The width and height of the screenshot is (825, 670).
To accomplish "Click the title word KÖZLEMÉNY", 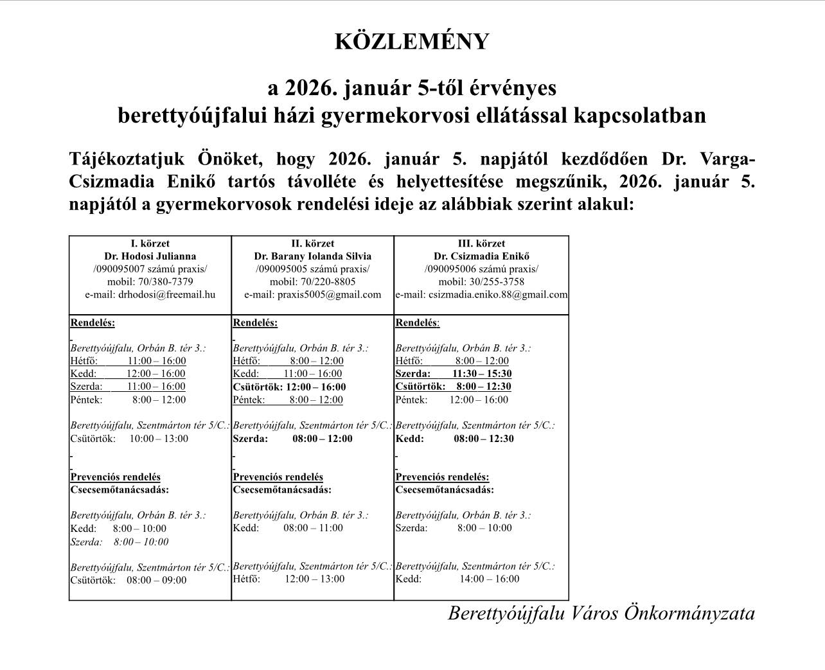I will [x=412, y=42].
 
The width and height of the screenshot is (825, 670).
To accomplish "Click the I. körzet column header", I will [x=150, y=243].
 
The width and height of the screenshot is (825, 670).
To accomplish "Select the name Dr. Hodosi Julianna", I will [x=150, y=256].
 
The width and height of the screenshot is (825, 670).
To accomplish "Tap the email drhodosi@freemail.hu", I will [x=166, y=295].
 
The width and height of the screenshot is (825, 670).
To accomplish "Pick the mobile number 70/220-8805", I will [x=328, y=282].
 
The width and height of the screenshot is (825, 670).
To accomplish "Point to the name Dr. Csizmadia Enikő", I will [x=481, y=256].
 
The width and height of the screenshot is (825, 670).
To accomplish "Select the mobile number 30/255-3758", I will [x=497, y=282].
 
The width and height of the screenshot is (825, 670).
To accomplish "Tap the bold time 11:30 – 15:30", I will [x=482, y=374].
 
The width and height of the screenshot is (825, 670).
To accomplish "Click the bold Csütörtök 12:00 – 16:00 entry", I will [x=289, y=387].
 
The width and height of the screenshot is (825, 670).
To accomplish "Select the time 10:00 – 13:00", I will [x=159, y=439].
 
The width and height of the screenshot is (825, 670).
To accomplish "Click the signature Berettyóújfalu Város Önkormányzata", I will [x=601, y=613].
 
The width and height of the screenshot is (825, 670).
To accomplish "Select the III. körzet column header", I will [x=481, y=243].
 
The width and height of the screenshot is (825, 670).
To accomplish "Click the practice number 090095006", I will [x=450, y=269].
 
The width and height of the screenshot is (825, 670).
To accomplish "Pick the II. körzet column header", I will [x=312, y=243].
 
